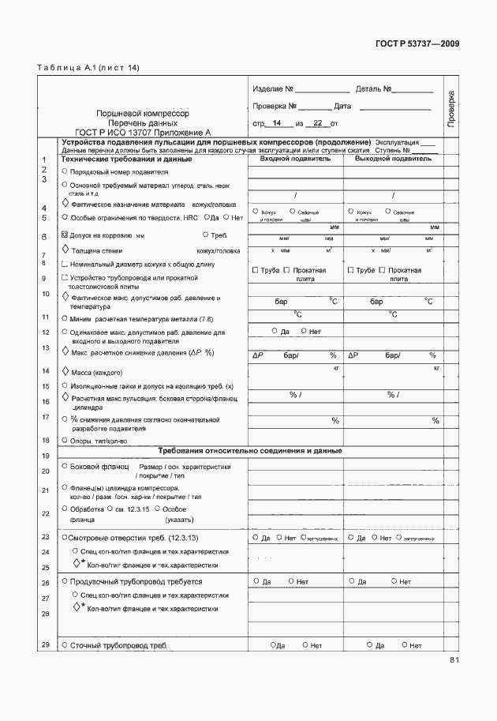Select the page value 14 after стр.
tap(276, 124)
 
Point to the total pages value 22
tap(317, 124)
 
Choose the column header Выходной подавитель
tap(392, 159)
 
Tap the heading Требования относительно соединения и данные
tap(250, 451)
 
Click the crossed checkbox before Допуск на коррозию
tap(65, 235)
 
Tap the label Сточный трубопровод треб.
tap(118, 646)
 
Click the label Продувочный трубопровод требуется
tap(136, 582)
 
